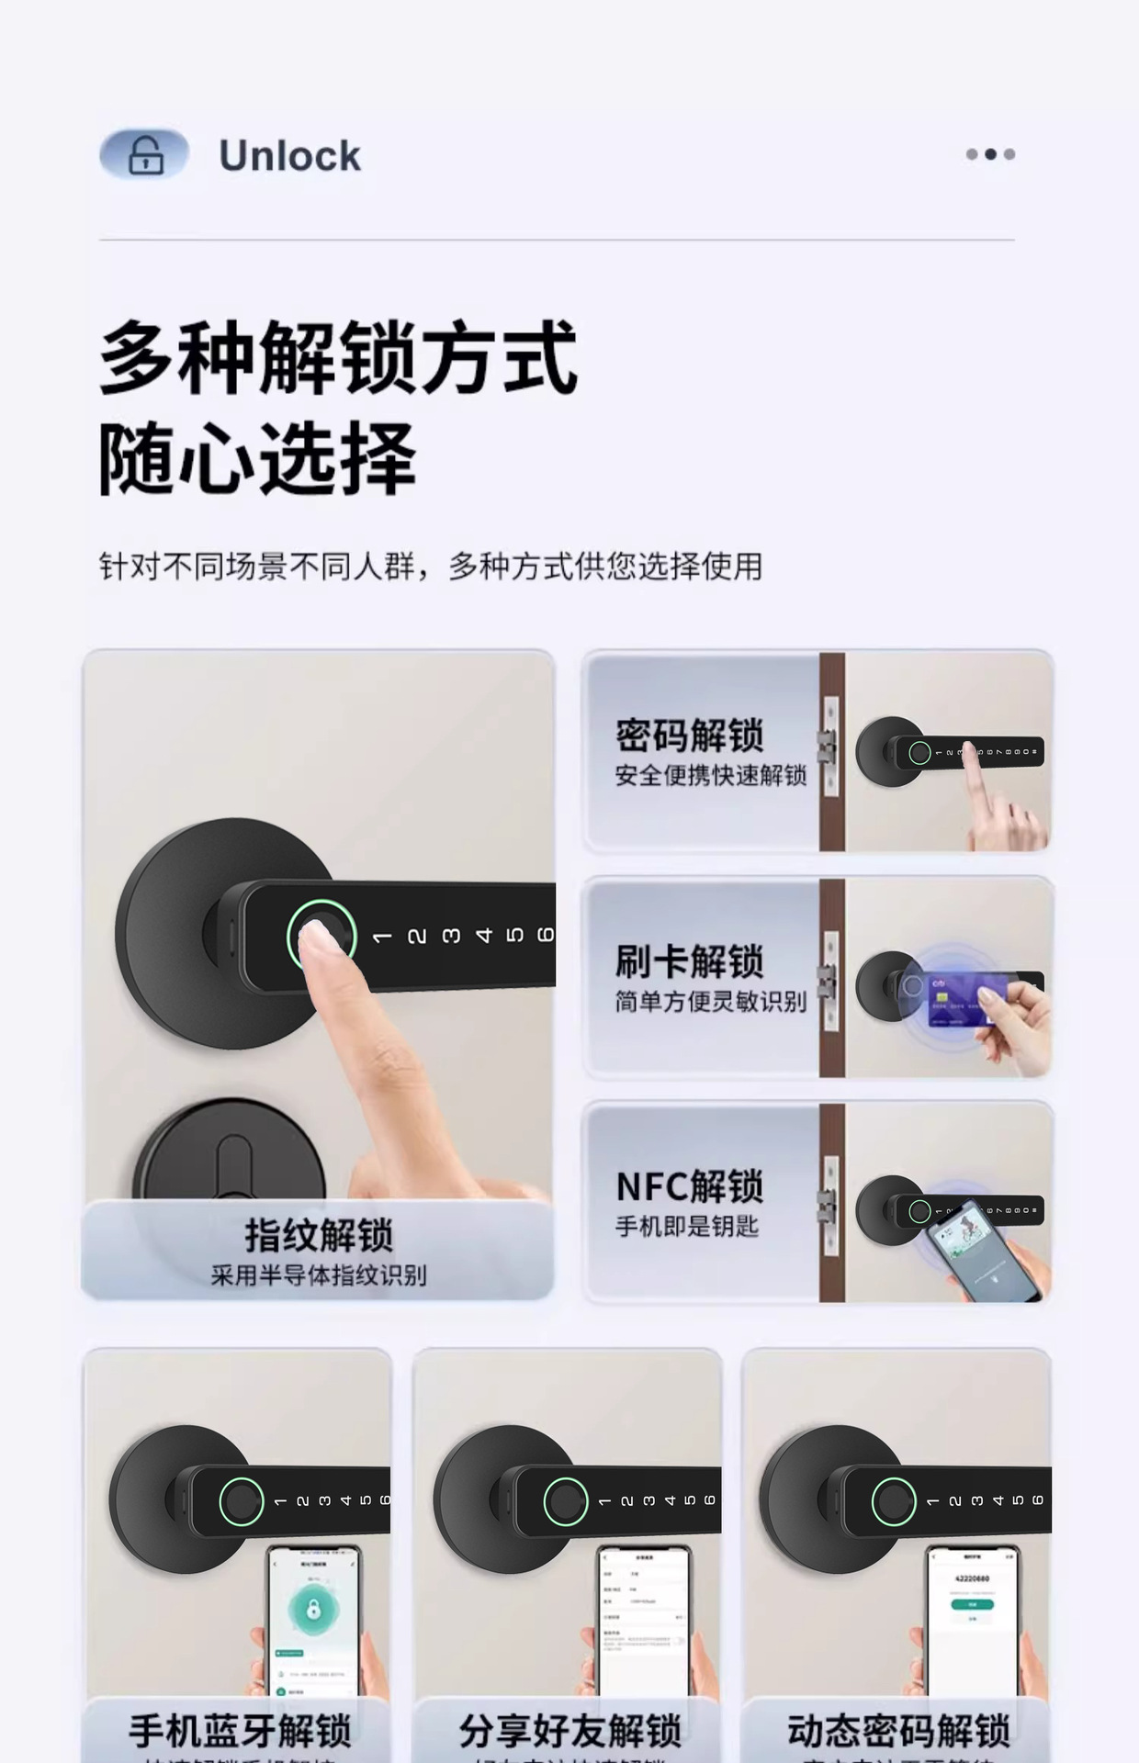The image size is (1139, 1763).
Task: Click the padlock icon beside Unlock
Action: click(145, 154)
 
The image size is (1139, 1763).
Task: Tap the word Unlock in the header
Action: click(289, 156)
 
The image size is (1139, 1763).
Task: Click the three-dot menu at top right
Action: click(990, 154)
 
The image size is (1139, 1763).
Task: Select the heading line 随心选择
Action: click(257, 459)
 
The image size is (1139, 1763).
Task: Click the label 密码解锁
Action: click(690, 736)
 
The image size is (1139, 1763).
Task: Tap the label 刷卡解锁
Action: click(690, 961)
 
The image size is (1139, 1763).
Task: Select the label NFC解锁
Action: click(690, 1186)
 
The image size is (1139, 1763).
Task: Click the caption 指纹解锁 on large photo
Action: click(319, 1235)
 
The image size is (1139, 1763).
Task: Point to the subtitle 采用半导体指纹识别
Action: click(319, 1275)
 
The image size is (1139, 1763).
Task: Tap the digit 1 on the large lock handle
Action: click(382, 937)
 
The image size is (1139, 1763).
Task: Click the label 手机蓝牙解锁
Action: click(240, 1731)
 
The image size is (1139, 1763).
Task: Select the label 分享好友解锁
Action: click(569, 1731)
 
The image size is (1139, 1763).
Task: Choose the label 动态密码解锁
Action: click(898, 1731)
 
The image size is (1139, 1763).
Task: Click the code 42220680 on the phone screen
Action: click(972, 1578)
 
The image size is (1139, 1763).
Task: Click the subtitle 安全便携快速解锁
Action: click(710, 776)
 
